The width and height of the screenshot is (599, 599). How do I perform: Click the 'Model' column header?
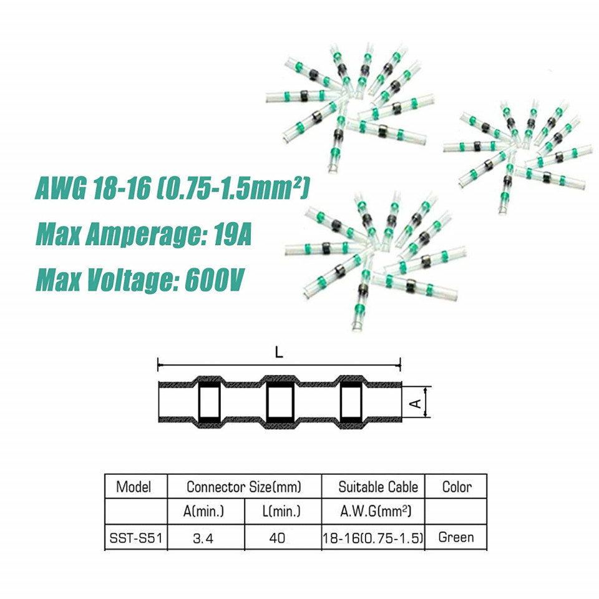[134, 487]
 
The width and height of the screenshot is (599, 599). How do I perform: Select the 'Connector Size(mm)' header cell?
[244, 487]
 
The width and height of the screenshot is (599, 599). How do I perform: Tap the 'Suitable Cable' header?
[378, 487]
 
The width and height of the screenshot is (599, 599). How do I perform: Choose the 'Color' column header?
[457, 487]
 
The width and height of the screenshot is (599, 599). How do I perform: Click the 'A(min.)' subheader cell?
[203, 511]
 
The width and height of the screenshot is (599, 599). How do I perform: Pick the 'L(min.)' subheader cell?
[281, 511]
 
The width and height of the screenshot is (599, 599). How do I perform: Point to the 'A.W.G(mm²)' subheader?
[376, 511]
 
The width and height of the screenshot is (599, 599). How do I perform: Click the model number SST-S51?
[136, 538]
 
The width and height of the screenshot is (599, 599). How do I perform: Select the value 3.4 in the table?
[203, 538]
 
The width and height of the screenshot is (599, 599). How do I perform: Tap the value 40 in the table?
[277, 538]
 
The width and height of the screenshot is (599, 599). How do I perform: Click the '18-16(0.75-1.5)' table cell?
[373, 538]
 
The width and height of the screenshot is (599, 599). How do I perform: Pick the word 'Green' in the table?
[456, 537]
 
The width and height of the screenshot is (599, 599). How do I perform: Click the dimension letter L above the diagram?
[280, 353]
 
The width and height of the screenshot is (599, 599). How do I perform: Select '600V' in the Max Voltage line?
[214, 280]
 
